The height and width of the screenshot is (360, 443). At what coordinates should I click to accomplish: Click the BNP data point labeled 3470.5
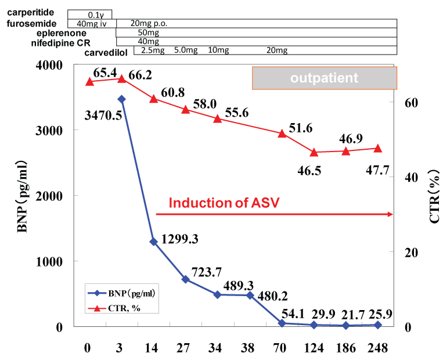click(x=121, y=99)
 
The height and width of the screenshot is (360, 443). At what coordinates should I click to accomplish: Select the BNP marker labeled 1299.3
click(x=154, y=242)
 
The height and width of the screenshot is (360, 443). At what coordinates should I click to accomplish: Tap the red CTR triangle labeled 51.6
click(x=282, y=133)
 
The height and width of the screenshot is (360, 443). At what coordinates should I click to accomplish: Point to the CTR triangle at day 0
click(x=89, y=82)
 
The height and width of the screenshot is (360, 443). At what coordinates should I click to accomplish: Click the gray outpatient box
click(x=325, y=78)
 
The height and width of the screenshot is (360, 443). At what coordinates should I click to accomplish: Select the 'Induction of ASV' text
click(x=224, y=203)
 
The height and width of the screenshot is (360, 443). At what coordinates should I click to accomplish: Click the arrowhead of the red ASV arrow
click(x=391, y=214)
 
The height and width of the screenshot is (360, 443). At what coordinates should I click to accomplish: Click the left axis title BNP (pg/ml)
click(x=23, y=196)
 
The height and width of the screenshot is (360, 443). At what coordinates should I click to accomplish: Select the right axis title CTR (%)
click(x=433, y=196)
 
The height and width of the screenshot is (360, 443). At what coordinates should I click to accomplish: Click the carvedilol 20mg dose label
click(x=276, y=51)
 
